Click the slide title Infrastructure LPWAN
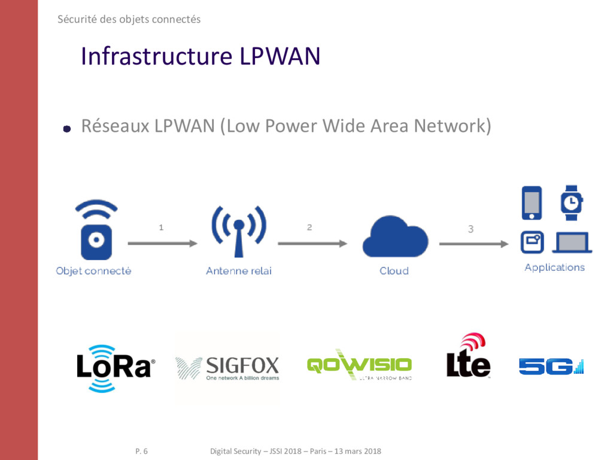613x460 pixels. pyautogui.click(x=201, y=56)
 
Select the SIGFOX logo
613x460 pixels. pyautogui.click(x=227, y=368)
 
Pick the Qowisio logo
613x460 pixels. pyautogui.click(x=359, y=364)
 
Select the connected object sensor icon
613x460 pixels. pyautogui.click(x=93, y=231)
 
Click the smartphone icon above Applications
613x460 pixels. pyautogui.click(x=532, y=202)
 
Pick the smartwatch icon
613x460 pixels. pyautogui.click(x=571, y=202)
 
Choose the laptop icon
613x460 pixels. pyautogui.click(x=573, y=243)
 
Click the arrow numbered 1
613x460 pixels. pyautogui.click(x=162, y=243)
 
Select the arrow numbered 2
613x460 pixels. pyautogui.click(x=312, y=243)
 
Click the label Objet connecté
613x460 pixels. pyautogui.click(x=93, y=271)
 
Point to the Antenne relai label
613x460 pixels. pyautogui.click(x=238, y=271)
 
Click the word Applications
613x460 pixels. pyautogui.click(x=554, y=267)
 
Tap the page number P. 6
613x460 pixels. pyautogui.click(x=141, y=451)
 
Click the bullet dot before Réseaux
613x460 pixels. pyautogui.click(x=67, y=128)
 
